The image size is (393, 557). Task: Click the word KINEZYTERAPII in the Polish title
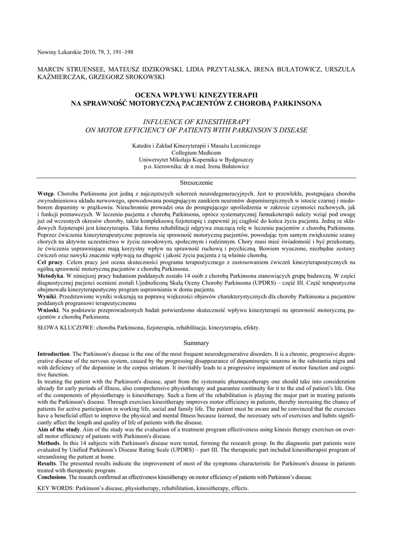(x=219, y=95)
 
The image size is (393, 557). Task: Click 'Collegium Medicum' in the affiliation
(x=196, y=153)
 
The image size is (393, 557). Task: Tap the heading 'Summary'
(x=196, y=343)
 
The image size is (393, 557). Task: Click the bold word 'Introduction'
(x=53, y=354)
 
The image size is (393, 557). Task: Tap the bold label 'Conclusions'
(x=52, y=477)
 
